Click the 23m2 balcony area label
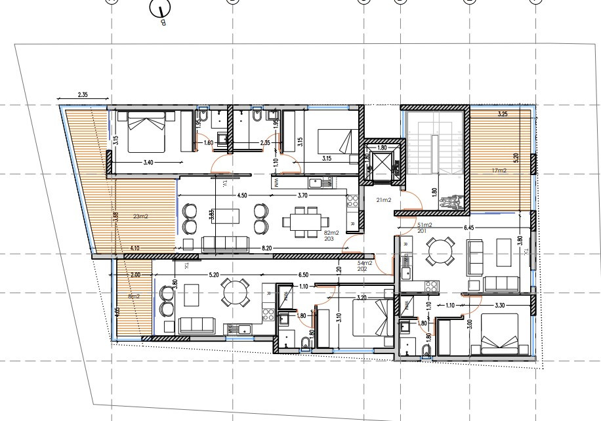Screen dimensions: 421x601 140,215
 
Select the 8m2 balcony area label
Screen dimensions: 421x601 134,296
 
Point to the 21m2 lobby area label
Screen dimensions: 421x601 383,199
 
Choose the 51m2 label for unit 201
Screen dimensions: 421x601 425,226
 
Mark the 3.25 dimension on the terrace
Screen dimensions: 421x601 503,114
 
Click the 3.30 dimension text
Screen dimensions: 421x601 499,305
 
